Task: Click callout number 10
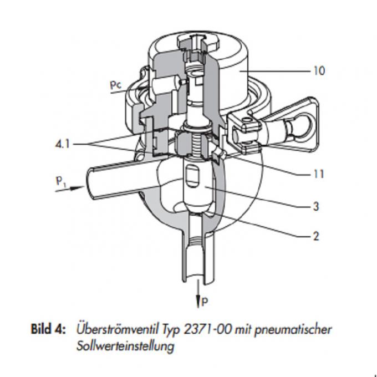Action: (x=318, y=71)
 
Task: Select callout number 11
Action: (x=318, y=174)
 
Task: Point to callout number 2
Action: (x=315, y=236)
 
